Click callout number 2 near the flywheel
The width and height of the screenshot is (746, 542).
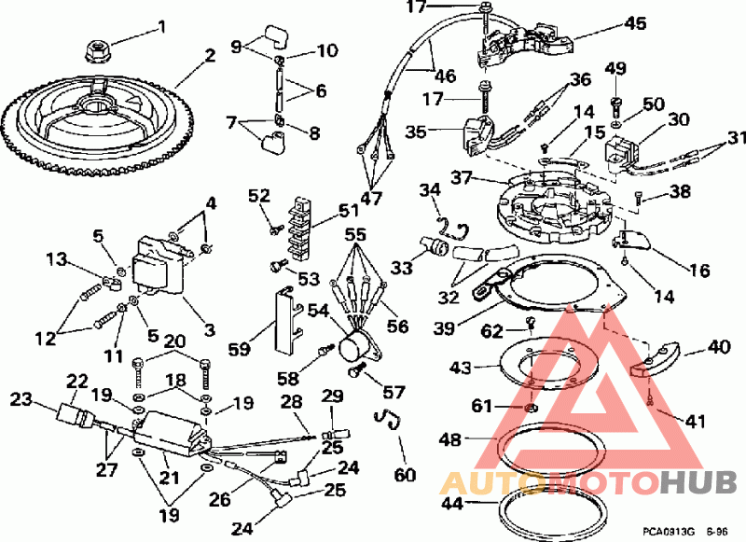(x=209, y=56)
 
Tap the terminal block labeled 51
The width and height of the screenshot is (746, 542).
(x=297, y=228)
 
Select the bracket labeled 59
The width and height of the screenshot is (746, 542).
(x=288, y=321)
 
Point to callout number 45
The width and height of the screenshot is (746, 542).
(x=635, y=22)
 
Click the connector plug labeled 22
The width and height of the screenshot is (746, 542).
(x=75, y=414)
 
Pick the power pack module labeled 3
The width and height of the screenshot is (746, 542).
(x=159, y=266)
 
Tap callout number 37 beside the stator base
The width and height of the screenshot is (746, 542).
(x=462, y=177)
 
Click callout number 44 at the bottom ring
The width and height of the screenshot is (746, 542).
(x=452, y=503)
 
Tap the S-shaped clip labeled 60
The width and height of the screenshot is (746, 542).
(x=388, y=419)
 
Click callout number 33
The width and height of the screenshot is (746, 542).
(x=402, y=268)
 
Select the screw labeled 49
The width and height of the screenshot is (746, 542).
(x=615, y=107)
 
